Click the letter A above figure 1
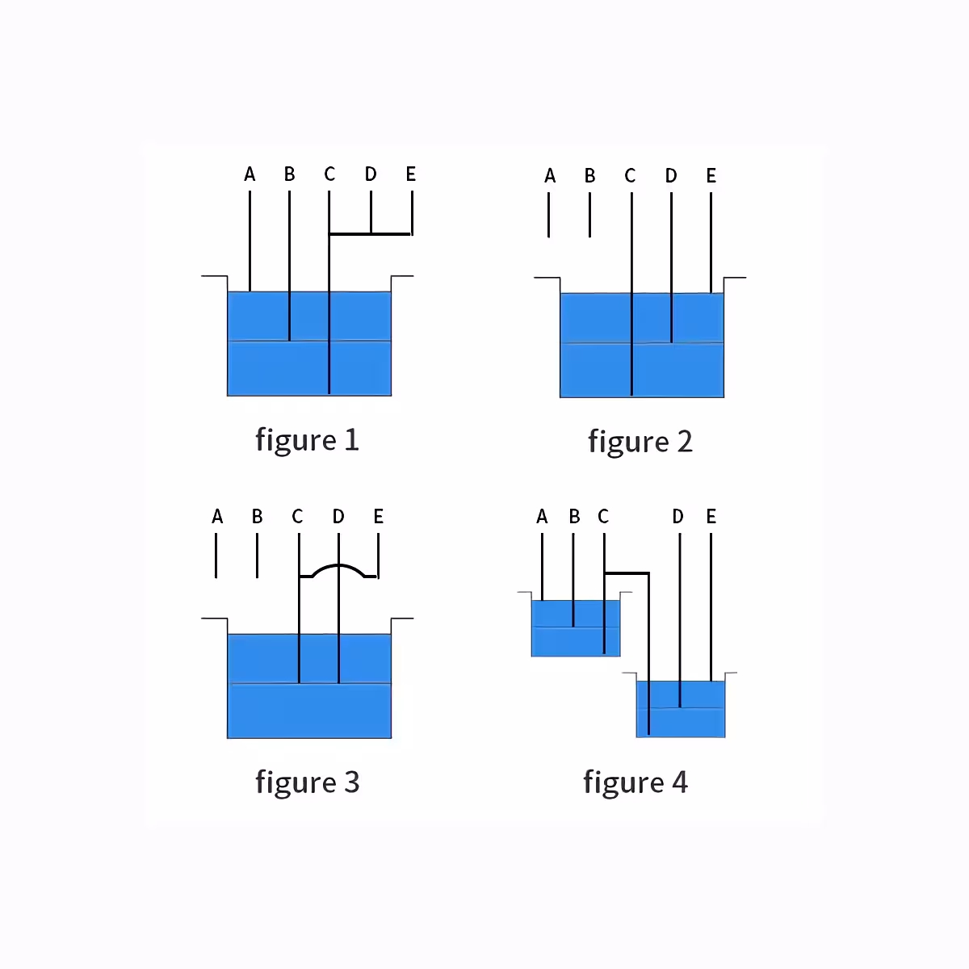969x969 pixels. [x=250, y=174]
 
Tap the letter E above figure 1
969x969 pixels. [x=411, y=174]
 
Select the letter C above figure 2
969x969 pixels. [x=630, y=175]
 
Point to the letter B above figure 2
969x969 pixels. [x=589, y=175]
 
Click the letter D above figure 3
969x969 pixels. [x=338, y=516]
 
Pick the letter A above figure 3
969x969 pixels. [x=217, y=516]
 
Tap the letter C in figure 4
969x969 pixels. [x=603, y=516]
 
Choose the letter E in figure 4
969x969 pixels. [x=711, y=516]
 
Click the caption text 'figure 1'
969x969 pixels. [x=307, y=440]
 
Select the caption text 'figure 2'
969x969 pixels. [x=640, y=442]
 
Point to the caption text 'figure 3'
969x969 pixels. [x=307, y=782]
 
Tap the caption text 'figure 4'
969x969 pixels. [x=636, y=782]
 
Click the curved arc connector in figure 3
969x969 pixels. [x=338, y=566]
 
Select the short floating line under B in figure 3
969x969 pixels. [x=257, y=556]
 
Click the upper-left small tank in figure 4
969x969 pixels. [x=576, y=628]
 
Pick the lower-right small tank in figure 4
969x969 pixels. [x=681, y=709]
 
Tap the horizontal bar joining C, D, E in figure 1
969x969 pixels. [x=371, y=234]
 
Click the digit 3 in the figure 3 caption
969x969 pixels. [x=351, y=782]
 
